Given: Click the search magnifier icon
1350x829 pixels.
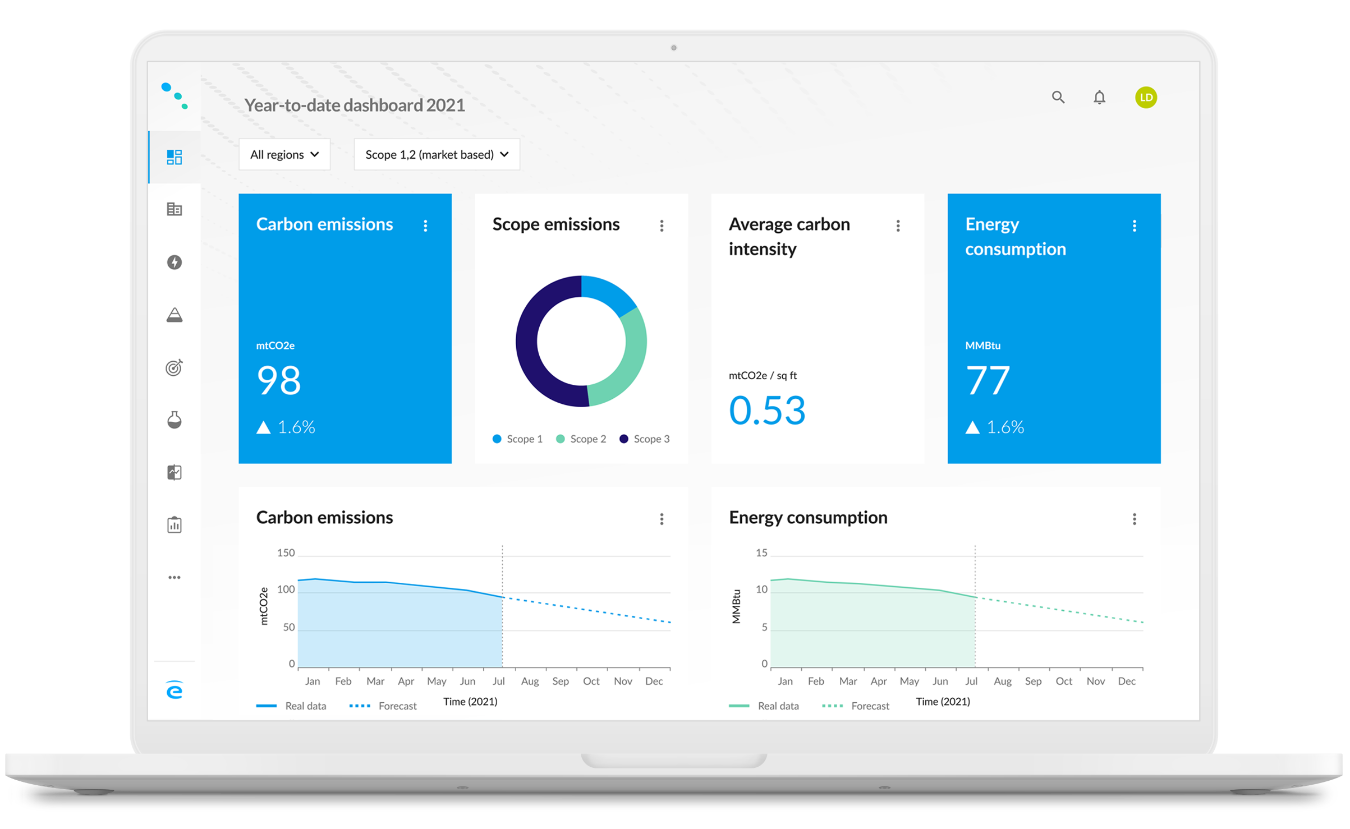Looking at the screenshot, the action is (x=1058, y=97).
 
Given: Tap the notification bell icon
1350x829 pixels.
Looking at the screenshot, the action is (x=1099, y=98).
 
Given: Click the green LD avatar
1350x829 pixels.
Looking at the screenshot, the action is (x=1146, y=98).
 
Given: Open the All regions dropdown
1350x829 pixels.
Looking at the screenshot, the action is (x=284, y=154).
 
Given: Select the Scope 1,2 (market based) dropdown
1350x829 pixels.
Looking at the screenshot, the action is (x=437, y=154).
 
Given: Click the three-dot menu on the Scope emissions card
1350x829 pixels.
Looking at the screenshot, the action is (x=662, y=225).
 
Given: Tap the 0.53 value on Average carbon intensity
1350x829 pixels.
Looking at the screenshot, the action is (x=767, y=410).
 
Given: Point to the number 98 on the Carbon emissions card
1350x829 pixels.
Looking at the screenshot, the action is (x=279, y=380).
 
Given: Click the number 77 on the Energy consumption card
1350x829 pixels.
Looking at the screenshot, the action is (x=988, y=380).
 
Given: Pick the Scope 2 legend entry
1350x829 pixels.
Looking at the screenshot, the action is (x=581, y=439).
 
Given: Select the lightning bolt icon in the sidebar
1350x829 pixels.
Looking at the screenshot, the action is (x=175, y=262).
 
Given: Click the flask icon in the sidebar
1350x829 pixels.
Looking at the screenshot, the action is (x=175, y=420).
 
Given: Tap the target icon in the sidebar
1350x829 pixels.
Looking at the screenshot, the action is (x=175, y=367).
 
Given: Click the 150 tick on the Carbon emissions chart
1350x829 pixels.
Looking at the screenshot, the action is (x=286, y=553).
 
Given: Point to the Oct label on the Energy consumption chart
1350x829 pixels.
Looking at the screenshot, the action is (x=1064, y=681).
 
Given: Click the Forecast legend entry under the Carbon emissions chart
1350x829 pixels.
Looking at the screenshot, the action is (x=383, y=706).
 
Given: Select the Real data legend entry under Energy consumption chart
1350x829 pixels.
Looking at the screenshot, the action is (x=764, y=706).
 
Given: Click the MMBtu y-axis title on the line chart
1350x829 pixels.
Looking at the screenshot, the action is (x=736, y=606).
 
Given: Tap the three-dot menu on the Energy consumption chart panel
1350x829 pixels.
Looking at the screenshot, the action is (x=1134, y=519).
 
